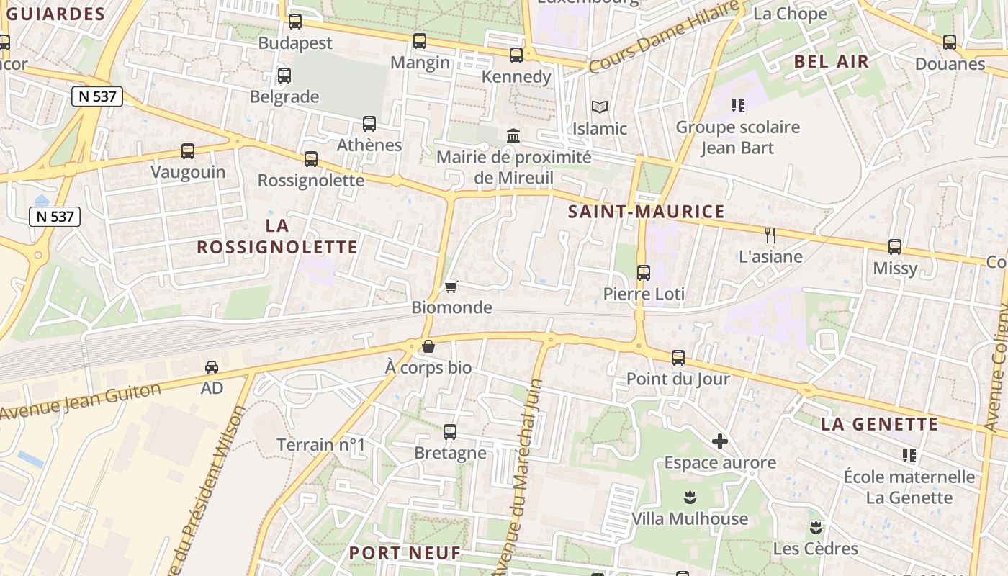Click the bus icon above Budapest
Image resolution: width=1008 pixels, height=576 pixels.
(294, 22)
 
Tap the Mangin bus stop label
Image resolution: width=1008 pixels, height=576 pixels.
(420, 63)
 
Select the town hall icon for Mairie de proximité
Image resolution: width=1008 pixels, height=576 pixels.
(514, 135)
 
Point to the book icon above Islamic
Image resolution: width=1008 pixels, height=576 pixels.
(600, 107)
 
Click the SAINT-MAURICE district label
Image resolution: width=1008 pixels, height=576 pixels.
(646, 212)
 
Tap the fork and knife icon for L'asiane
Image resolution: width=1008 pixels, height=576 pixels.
(770, 235)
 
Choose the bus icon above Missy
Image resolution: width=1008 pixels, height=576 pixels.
(895, 247)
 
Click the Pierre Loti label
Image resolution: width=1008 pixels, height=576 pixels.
(644, 294)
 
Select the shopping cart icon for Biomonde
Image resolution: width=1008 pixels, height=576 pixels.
(451, 287)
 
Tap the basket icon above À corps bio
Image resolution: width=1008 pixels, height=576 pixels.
(428, 346)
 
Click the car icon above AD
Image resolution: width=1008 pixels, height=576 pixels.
(212, 367)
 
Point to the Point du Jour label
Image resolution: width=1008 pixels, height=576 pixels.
(678, 379)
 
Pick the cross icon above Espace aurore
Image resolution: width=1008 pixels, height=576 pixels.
(719, 441)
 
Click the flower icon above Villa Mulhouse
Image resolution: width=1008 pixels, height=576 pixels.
(690, 498)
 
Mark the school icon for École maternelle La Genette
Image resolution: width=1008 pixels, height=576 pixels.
(909, 456)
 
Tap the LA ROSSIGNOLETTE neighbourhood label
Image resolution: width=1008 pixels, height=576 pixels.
(277, 236)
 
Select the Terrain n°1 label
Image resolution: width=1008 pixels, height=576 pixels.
(321, 445)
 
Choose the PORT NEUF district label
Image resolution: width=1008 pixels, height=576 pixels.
(405, 553)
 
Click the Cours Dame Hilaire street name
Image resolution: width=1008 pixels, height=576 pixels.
(663, 37)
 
